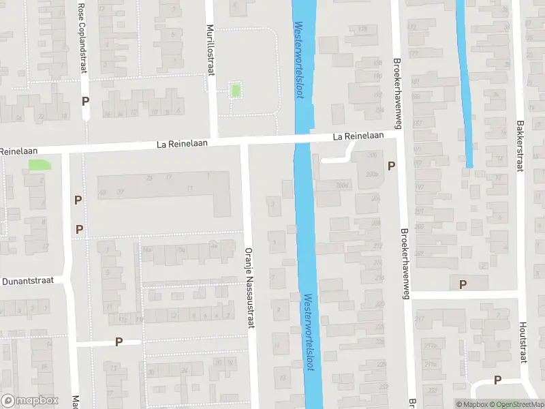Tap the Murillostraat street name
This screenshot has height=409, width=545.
pos(211,52)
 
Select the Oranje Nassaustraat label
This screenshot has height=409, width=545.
pos(249,287)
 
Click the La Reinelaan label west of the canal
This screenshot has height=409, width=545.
pos(181,144)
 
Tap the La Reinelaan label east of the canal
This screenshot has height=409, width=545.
pos(358,136)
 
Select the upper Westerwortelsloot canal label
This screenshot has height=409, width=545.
pos(298,60)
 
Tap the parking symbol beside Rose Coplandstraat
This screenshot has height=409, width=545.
pos(86,101)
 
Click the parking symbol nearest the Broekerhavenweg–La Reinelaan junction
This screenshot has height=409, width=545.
pos(391,166)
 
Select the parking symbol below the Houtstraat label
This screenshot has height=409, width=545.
pos(498,380)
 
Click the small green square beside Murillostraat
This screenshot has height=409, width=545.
pos(236,90)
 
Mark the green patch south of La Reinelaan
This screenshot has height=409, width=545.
pos(40,164)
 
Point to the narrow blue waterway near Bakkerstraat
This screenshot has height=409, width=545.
pos(465,82)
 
